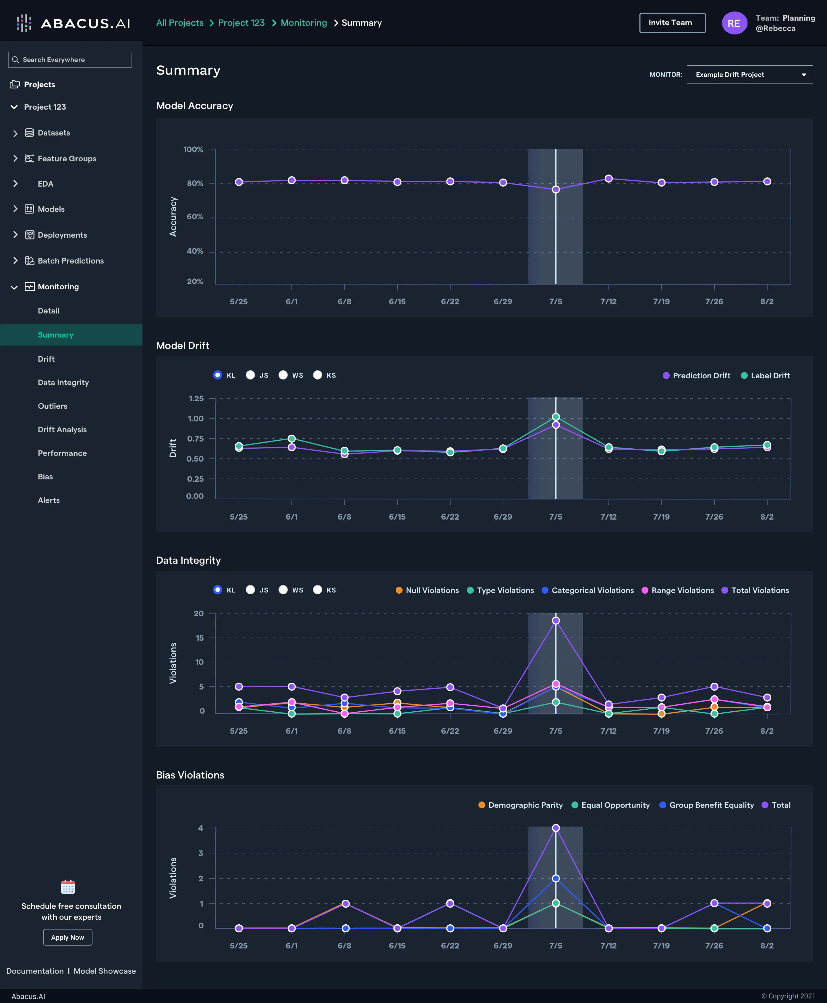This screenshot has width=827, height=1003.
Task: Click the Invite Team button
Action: point(672,23)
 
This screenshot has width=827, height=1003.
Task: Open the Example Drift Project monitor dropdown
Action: point(749,75)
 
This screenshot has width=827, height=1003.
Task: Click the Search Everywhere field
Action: point(70,59)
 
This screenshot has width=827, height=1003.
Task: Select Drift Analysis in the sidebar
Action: point(62,429)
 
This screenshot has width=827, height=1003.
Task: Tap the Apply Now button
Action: point(68,937)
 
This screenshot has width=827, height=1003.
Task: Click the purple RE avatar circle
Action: point(734,23)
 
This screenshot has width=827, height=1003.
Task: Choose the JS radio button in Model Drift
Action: point(250,375)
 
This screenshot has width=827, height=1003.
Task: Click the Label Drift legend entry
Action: point(766,376)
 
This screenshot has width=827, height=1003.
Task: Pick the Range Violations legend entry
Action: point(678,590)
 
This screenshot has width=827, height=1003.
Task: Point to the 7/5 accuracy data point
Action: point(555,189)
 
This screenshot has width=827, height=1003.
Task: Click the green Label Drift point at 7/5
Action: point(555,417)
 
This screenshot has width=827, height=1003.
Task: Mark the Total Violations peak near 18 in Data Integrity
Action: point(555,621)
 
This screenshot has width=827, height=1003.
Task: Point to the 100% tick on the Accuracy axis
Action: point(194,150)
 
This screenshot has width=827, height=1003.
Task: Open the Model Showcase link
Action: point(105,971)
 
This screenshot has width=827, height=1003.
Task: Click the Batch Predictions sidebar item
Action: point(71,261)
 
